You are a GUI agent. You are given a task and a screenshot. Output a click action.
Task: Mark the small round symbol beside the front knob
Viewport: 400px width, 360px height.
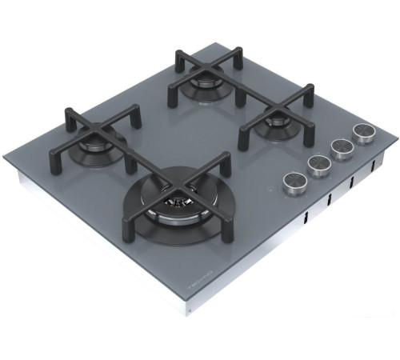tap(274, 190)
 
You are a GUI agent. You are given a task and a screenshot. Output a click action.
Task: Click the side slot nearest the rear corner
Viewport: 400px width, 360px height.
tap(373, 168)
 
